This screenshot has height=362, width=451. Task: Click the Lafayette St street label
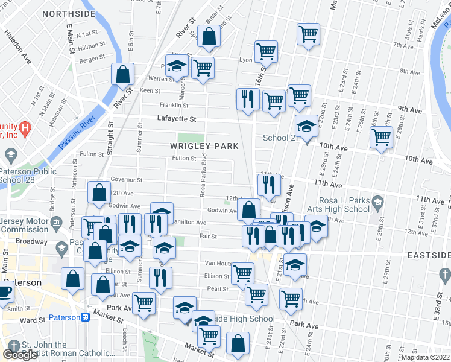pos(177,119)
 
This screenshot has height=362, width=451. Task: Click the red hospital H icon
pos(24,128)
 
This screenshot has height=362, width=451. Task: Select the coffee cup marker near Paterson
pos(4,293)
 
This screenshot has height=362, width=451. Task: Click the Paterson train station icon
pos(86,317)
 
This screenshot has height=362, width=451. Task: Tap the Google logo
pos(20,355)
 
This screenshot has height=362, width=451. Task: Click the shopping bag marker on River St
pos(122,74)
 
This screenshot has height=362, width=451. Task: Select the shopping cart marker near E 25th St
pos(381,137)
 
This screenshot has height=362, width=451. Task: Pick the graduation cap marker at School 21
pos(306,127)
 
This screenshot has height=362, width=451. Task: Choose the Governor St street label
pos(126,180)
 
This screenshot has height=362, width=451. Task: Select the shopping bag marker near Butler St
pos(209,37)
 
